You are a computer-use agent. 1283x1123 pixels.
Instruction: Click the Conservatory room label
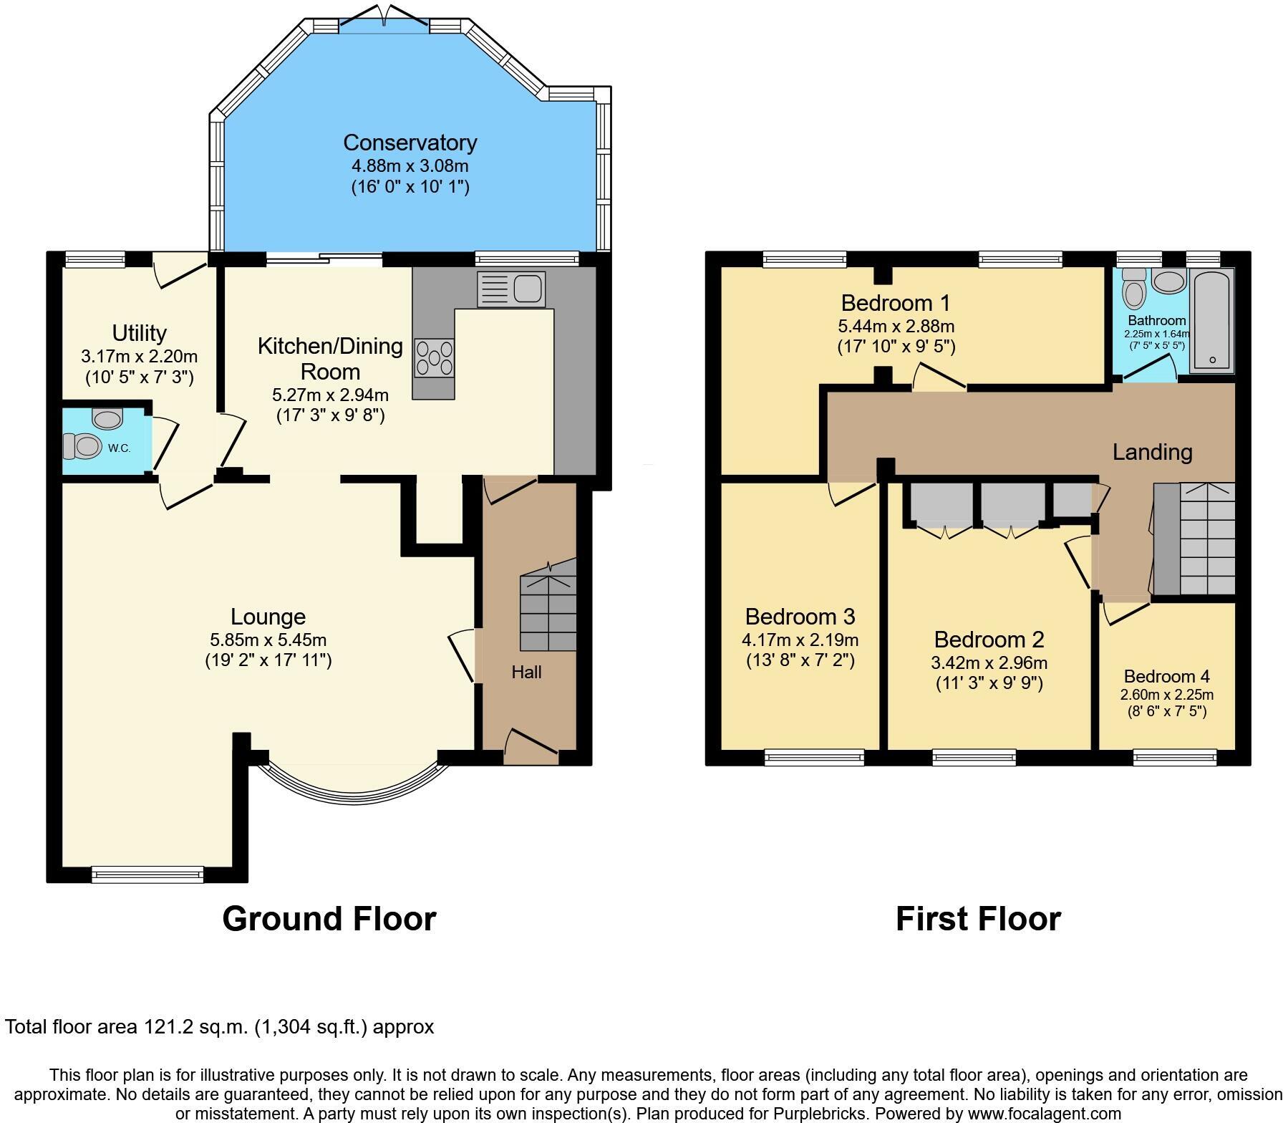click(x=410, y=143)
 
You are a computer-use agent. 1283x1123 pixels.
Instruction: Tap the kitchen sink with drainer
click(x=510, y=289)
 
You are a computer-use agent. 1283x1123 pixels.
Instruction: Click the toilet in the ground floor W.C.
click(x=83, y=446)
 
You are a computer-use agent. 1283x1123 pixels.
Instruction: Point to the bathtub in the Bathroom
click(x=1211, y=321)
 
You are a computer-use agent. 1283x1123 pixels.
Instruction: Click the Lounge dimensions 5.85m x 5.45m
click(x=268, y=640)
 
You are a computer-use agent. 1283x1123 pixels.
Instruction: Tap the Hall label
click(x=526, y=672)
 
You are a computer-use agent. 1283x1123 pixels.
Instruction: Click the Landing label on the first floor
click(x=1152, y=452)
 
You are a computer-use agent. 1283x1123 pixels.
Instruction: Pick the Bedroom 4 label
click(x=1166, y=676)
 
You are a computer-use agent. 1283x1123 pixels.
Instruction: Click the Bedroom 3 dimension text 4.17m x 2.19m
click(x=800, y=640)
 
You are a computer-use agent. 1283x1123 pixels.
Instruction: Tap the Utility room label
click(x=139, y=333)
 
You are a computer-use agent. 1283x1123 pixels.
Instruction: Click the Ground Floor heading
click(x=329, y=918)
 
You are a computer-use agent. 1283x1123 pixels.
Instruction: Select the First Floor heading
click(x=978, y=918)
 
